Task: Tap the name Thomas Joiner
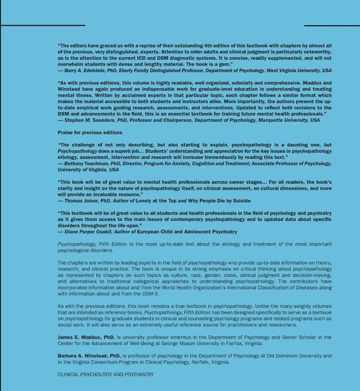(x=82, y=201)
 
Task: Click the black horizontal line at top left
(x=42, y=26)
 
